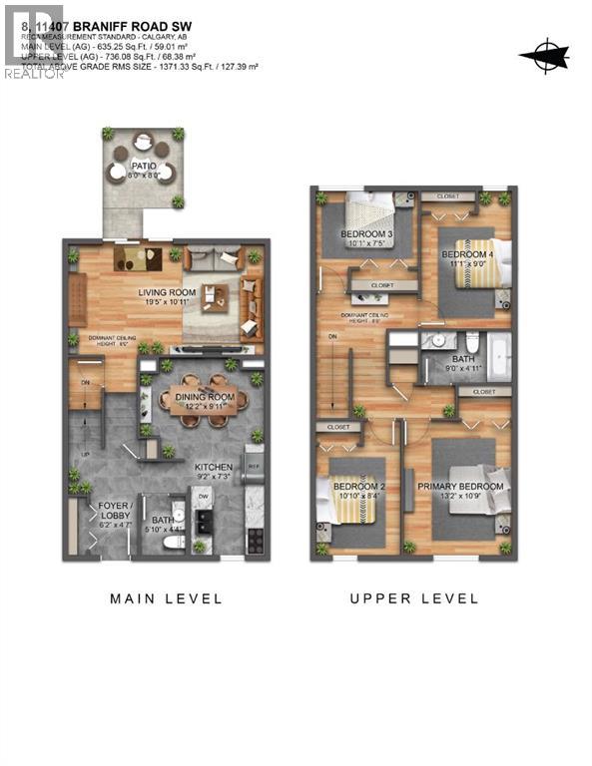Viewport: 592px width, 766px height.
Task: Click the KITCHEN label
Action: tap(214, 466)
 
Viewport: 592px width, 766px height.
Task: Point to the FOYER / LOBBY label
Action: tap(115, 511)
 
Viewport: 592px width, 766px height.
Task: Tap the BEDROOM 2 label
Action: tap(357, 485)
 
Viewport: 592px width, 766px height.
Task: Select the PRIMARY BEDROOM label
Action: tap(460, 486)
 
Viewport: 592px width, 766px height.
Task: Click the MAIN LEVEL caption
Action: tap(166, 599)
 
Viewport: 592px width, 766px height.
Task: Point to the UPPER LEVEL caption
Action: tap(413, 599)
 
